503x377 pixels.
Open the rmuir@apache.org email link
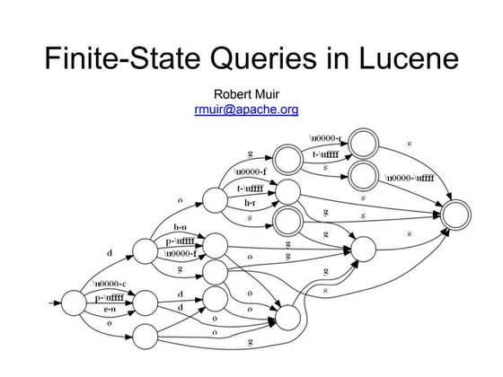[x=246, y=110]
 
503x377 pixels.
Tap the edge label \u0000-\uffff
[x=410, y=178]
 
